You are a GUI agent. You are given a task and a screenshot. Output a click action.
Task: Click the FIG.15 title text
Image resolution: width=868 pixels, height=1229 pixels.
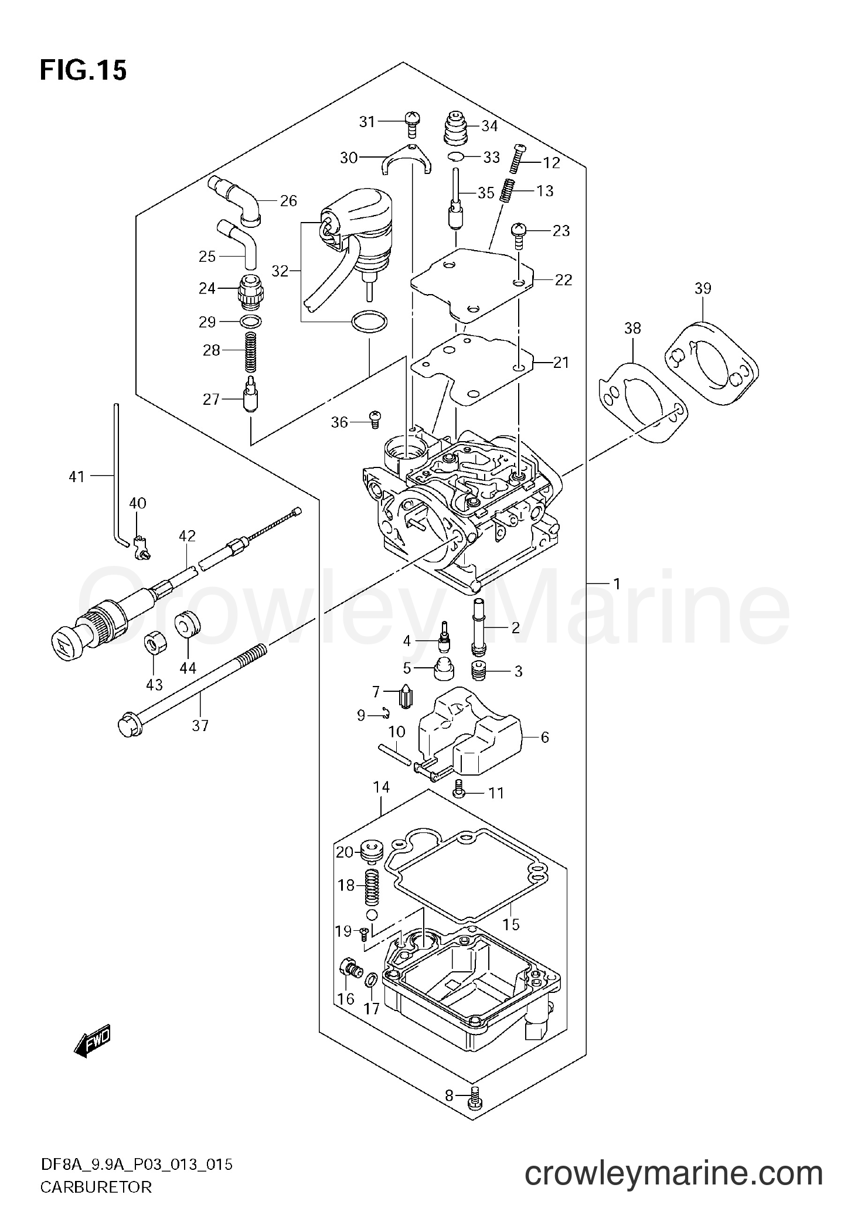(83, 71)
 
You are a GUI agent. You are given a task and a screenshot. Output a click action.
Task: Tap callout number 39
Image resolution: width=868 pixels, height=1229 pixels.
(703, 288)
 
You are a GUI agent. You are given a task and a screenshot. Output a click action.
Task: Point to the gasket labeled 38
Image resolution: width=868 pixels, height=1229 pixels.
(642, 401)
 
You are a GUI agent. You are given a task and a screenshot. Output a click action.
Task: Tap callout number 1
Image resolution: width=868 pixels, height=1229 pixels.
(616, 583)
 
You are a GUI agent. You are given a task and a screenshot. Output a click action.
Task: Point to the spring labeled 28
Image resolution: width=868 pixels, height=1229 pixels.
(251, 351)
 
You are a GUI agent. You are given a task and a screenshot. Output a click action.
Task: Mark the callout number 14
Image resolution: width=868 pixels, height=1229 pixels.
(382, 787)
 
